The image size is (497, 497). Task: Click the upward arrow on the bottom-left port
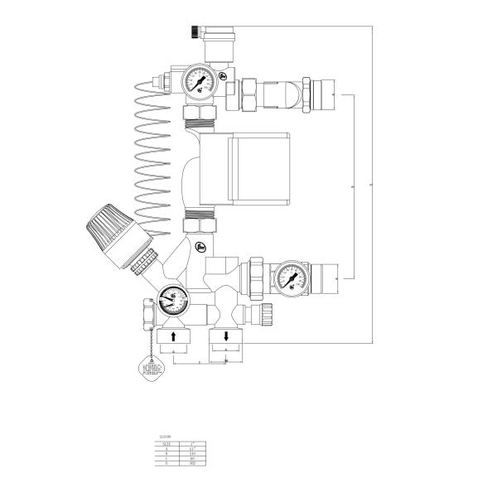tap(173, 336)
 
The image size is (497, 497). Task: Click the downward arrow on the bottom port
tap(226, 336)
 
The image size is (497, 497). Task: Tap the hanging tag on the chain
tap(149, 370)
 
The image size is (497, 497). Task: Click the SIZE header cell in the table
tap(166, 444)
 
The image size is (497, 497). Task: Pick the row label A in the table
tap(166, 449)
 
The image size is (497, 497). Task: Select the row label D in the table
tap(166, 464)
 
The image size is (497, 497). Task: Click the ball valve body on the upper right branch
tap(282, 91)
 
